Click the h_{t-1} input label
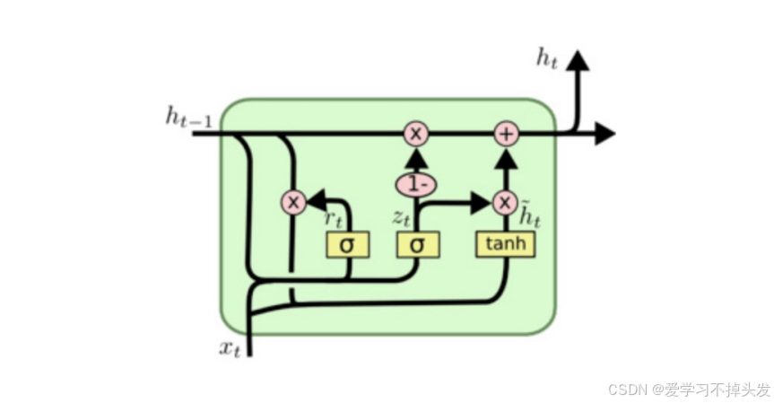[x=188, y=118]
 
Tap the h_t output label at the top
[x=546, y=60]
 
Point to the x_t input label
[x=230, y=349]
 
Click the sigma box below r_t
[x=346, y=244]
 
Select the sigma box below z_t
[x=417, y=244]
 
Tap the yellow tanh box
[x=506, y=244]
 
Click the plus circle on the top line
[x=507, y=134]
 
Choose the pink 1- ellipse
[x=416, y=185]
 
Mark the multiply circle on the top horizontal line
[x=416, y=134]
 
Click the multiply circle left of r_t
[x=293, y=202]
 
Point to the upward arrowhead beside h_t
[x=577, y=61]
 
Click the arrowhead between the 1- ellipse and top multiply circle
[x=416, y=160]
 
